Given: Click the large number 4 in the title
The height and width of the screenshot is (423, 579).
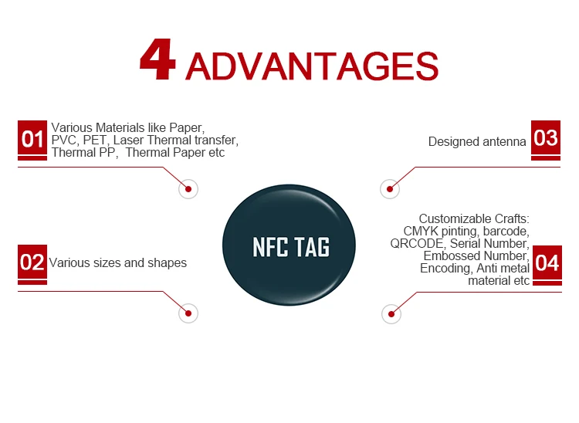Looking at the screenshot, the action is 157,59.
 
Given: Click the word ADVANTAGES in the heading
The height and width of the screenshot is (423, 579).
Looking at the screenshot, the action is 312,66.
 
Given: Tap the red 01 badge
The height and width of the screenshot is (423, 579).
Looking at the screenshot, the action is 32,140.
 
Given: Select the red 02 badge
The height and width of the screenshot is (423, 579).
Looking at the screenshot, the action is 32,264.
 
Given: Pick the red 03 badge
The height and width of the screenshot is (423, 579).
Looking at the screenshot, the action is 546,140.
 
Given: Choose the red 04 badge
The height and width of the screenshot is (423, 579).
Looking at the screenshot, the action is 547,265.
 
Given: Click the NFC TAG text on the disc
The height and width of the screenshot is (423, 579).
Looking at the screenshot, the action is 291,247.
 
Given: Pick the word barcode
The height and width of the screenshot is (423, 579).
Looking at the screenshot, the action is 506,232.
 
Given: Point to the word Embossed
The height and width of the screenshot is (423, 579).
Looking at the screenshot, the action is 449,255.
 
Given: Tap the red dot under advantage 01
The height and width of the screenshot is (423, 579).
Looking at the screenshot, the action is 188,189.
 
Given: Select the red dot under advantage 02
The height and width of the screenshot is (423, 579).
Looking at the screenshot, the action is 188,313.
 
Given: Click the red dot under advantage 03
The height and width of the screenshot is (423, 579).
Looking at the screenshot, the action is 390,189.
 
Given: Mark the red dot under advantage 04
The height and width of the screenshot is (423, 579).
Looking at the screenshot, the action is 391,314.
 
